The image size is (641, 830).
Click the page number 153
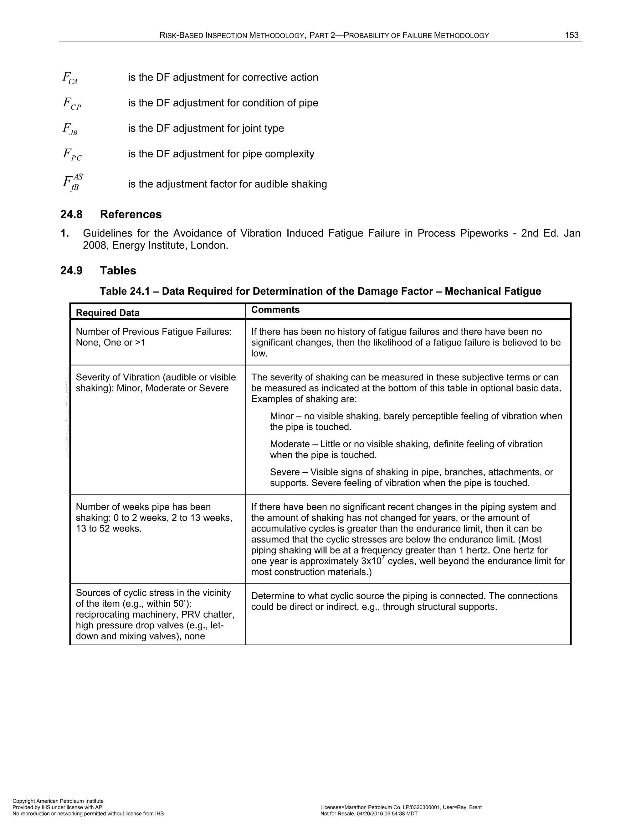click(572, 35)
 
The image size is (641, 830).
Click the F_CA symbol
click(70, 78)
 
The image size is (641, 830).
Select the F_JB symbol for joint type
click(70, 129)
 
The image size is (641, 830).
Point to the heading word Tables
click(118, 271)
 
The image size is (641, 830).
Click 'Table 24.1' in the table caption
click(128, 292)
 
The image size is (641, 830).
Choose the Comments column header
click(275, 310)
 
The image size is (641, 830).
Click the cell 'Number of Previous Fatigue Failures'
click(153, 332)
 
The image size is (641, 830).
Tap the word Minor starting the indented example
click(281, 416)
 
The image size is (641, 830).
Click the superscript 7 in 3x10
click(383, 558)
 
